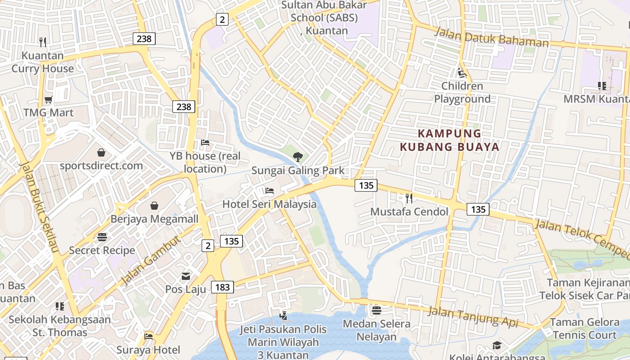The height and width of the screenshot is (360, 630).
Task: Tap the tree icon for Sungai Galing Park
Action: pos(297,157)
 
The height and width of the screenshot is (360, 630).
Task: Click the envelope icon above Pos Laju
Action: pos(186,276)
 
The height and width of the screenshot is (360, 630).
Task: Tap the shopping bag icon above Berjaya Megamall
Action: pos(154,206)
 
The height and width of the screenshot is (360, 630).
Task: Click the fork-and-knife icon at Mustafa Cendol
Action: pos(409,198)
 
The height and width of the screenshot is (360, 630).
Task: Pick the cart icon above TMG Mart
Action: pos(49,99)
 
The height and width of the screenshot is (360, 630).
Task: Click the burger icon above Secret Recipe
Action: pos(102,237)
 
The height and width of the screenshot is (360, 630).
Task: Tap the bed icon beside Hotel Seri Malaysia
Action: pos(270,191)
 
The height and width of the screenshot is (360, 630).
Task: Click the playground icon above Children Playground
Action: pos(462,72)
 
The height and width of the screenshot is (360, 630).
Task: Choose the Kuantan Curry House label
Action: pos(43,62)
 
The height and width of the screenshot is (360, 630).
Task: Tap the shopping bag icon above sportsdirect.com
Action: pos(101,153)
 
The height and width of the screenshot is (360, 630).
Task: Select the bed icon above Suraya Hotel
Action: pos(148,336)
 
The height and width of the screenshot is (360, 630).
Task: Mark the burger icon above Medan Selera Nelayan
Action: pos(377,310)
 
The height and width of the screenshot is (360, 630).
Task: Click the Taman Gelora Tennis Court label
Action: pos(584,328)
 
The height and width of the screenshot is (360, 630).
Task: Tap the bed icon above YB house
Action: pos(205,143)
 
